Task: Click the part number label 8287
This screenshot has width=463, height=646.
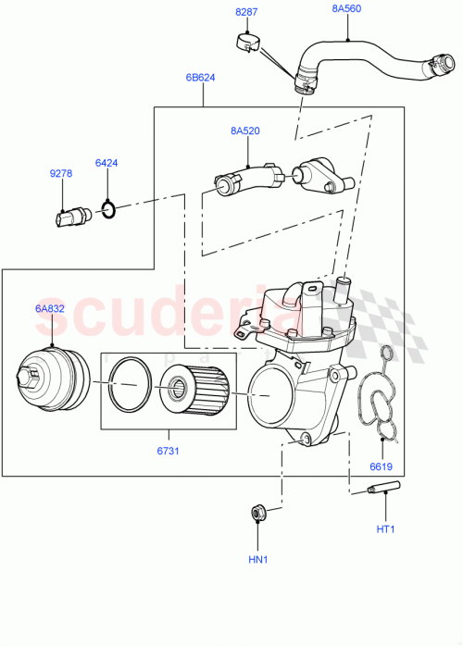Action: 247,12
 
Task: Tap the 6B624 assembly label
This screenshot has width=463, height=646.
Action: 200,78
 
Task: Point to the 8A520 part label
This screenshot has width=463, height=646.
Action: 245,130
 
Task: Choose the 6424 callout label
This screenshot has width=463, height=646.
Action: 106,164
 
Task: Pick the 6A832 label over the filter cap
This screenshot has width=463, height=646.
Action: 50,308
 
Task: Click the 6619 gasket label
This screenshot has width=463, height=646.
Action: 382,466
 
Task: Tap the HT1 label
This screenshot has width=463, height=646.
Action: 385,528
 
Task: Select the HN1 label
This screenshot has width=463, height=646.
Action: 257,560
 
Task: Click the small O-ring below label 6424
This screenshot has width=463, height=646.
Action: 108,212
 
